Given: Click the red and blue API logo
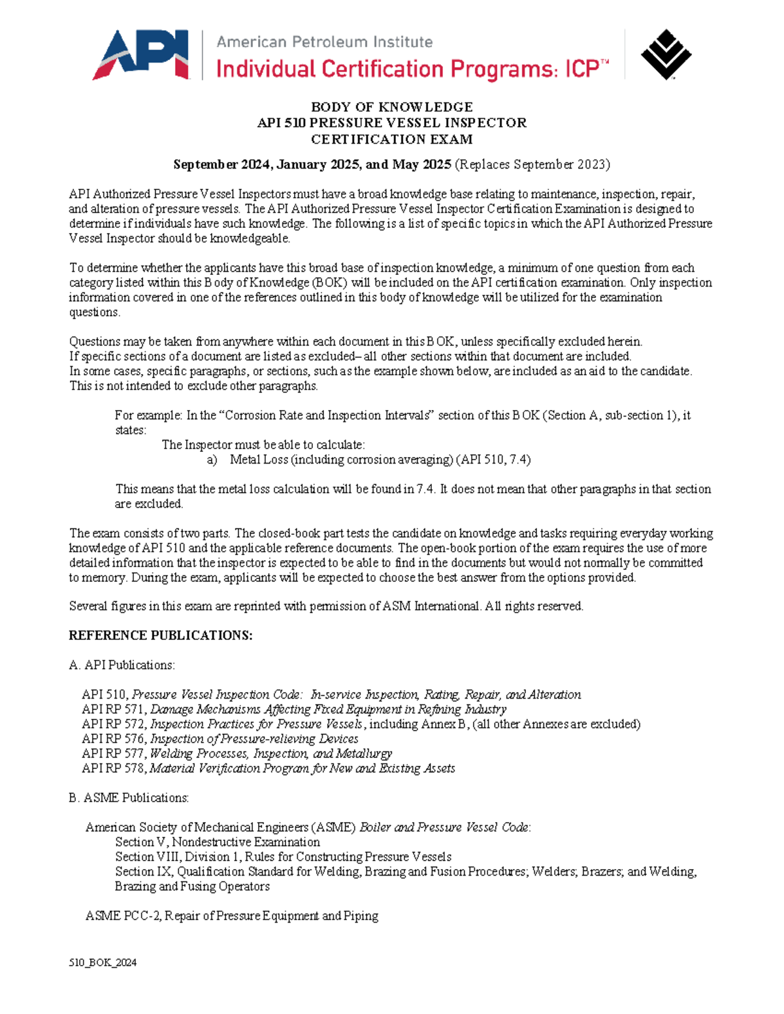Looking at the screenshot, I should point(141,55).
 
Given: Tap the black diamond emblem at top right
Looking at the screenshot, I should point(665,55).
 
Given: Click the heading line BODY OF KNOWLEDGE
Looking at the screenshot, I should point(391,107).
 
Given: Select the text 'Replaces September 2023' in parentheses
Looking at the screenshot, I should point(532,165).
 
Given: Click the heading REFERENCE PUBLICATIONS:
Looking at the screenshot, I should point(161,635).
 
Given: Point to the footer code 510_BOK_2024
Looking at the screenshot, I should point(103,962).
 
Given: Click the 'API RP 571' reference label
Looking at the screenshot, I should point(112,709).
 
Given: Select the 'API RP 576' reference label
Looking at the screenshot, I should point(112,738).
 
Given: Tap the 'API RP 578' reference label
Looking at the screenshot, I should point(112,768).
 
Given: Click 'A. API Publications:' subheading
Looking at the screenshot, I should point(122,665).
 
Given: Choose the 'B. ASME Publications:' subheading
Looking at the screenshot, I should point(129,798).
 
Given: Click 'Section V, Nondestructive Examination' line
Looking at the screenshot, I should point(217,842).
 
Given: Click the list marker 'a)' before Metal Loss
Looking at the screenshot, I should point(212,460).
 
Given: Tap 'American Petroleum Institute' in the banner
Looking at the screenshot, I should point(324,42).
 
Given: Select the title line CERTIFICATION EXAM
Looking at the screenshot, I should point(391,139).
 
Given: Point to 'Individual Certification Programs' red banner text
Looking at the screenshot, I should point(385,69).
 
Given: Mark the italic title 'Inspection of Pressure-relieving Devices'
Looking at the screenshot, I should point(254,738).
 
